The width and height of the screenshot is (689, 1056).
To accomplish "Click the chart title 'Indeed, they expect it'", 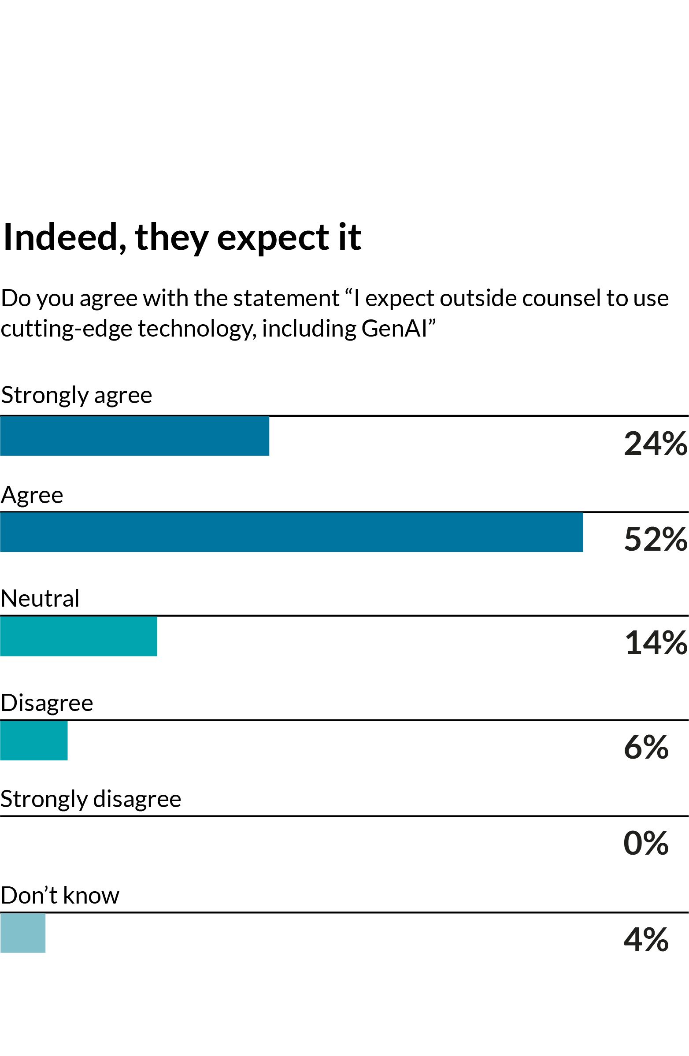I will (x=182, y=237).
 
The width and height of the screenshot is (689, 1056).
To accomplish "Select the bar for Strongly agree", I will (x=134, y=436).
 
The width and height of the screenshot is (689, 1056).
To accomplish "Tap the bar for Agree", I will (x=292, y=533).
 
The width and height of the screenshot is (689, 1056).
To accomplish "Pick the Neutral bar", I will (x=78, y=636).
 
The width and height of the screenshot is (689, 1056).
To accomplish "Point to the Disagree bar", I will (x=34, y=740).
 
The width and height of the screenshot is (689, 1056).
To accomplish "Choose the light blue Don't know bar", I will (x=22, y=933).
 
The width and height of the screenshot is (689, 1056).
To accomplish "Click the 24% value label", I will (x=655, y=444).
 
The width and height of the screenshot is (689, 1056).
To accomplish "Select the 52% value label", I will (x=655, y=540).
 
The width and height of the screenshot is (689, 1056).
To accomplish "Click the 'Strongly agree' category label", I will (x=76, y=395).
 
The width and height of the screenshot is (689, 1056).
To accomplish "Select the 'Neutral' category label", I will (x=40, y=599).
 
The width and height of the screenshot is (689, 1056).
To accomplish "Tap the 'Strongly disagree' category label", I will (x=90, y=799).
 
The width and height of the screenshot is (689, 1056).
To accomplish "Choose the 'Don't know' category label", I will (x=60, y=895).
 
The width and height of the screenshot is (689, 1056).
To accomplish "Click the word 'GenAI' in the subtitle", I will (x=394, y=329).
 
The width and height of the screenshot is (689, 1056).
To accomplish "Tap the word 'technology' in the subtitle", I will (x=196, y=329).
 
